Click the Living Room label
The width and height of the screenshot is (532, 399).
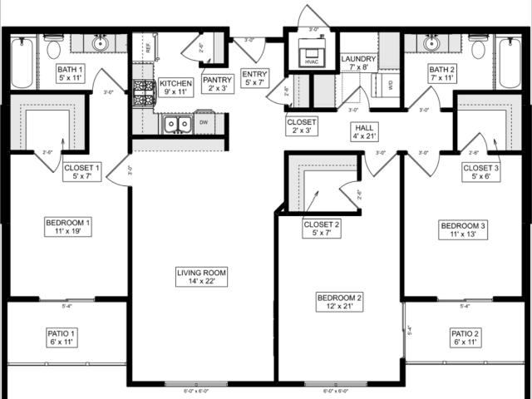(201, 277)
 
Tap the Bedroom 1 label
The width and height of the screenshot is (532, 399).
(66, 227)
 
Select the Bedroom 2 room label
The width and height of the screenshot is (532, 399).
(339, 303)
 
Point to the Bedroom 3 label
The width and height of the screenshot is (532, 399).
(463, 230)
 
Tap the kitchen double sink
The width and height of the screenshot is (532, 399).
(177, 125)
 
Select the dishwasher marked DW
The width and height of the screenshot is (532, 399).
(203, 123)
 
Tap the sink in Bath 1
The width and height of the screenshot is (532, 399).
(100, 43)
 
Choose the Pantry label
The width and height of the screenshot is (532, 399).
(216, 84)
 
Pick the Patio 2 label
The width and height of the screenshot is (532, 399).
(465, 337)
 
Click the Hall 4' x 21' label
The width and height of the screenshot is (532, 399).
(363, 131)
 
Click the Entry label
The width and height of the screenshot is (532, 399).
(254, 78)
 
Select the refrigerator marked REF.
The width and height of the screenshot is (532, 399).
(147, 48)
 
